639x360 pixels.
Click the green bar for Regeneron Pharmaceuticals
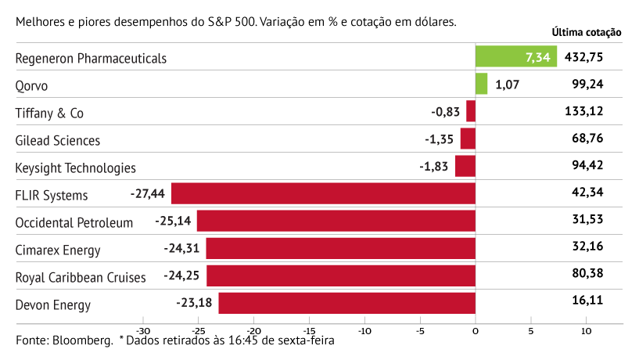tap(515, 56)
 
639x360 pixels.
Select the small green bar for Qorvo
tap(481, 84)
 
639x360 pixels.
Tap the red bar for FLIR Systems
tap(323, 193)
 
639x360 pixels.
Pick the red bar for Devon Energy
tap(346, 303)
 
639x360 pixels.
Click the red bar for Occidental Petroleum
tap(336, 221)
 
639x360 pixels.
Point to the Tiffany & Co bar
tap(471, 111)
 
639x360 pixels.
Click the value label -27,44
tap(148, 193)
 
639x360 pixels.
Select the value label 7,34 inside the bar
tap(538, 57)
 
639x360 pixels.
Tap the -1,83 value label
tap(433, 167)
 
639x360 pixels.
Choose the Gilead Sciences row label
tap(58, 141)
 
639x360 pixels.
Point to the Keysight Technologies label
tap(75, 167)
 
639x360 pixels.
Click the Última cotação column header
tap(587, 32)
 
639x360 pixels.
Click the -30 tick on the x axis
tap(143, 330)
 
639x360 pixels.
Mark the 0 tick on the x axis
tap(476, 330)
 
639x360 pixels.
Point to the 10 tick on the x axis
tap(586, 330)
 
